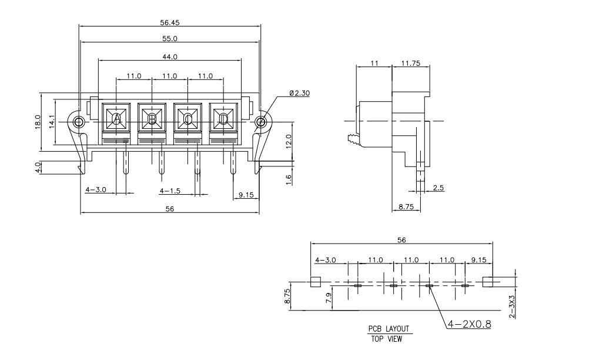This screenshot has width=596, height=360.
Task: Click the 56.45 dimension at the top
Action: pyautogui.click(x=170, y=22)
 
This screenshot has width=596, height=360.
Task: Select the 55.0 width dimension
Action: pyautogui.click(x=170, y=38)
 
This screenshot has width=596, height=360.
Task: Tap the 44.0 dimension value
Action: pyautogui.click(x=170, y=56)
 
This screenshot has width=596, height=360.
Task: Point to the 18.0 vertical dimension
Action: pyautogui.click(x=38, y=121)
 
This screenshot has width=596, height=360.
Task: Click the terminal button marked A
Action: pyautogui.click(x=116, y=119)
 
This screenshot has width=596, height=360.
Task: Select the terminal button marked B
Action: pyautogui.click(x=152, y=119)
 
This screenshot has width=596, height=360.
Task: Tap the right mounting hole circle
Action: pyautogui.click(x=260, y=122)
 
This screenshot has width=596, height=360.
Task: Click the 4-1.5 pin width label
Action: pyautogui.click(x=170, y=191)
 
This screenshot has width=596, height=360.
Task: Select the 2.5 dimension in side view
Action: pyautogui.click(x=438, y=188)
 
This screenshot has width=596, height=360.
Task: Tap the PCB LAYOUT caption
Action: pyautogui.click(x=389, y=329)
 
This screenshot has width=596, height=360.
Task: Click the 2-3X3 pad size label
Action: pyautogui.click(x=512, y=306)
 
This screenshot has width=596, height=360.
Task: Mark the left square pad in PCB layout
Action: pyautogui.click(x=314, y=281)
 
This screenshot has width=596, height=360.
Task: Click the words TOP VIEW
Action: pyautogui.click(x=389, y=338)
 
